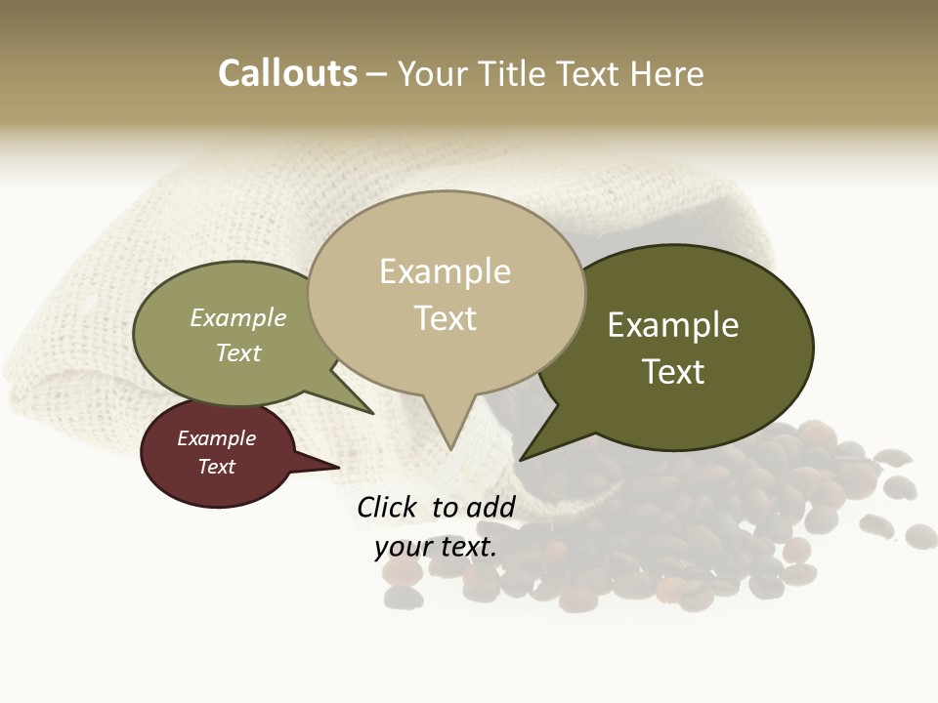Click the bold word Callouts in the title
click(287, 73)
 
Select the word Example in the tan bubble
click(445, 271)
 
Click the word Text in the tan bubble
click(445, 318)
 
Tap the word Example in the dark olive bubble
click(673, 325)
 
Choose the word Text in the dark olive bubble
click(673, 372)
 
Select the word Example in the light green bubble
click(238, 317)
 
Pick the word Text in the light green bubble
click(238, 352)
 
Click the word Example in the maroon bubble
click(216, 438)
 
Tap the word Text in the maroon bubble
click(216, 467)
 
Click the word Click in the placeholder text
click(386, 507)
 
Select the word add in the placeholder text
click(490, 507)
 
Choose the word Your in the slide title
click(431, 73)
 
